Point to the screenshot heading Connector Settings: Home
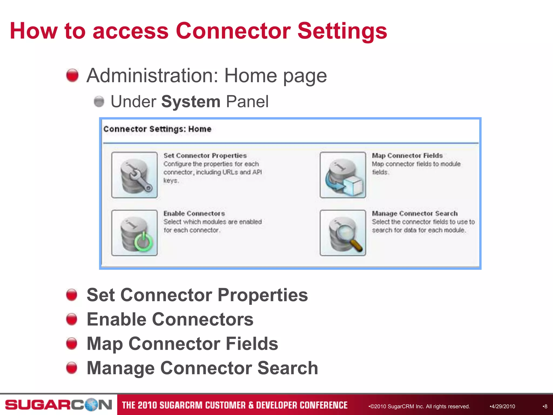(x=157, y=129)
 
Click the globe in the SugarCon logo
(x=92, y=405)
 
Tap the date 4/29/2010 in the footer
(x=503, y=406)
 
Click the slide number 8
(x=545, y=406)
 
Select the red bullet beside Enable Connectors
(x=72, y=319)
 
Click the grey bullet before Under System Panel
(x=99, y=102)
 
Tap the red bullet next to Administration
(x=72, y=75)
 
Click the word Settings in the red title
(x=342, y=31)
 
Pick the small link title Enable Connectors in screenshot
(x=194, y=213)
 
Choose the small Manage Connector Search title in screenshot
(x=415, y=213)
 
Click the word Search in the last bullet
(x=288, y=368)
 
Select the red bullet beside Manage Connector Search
(x=72, y=368)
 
